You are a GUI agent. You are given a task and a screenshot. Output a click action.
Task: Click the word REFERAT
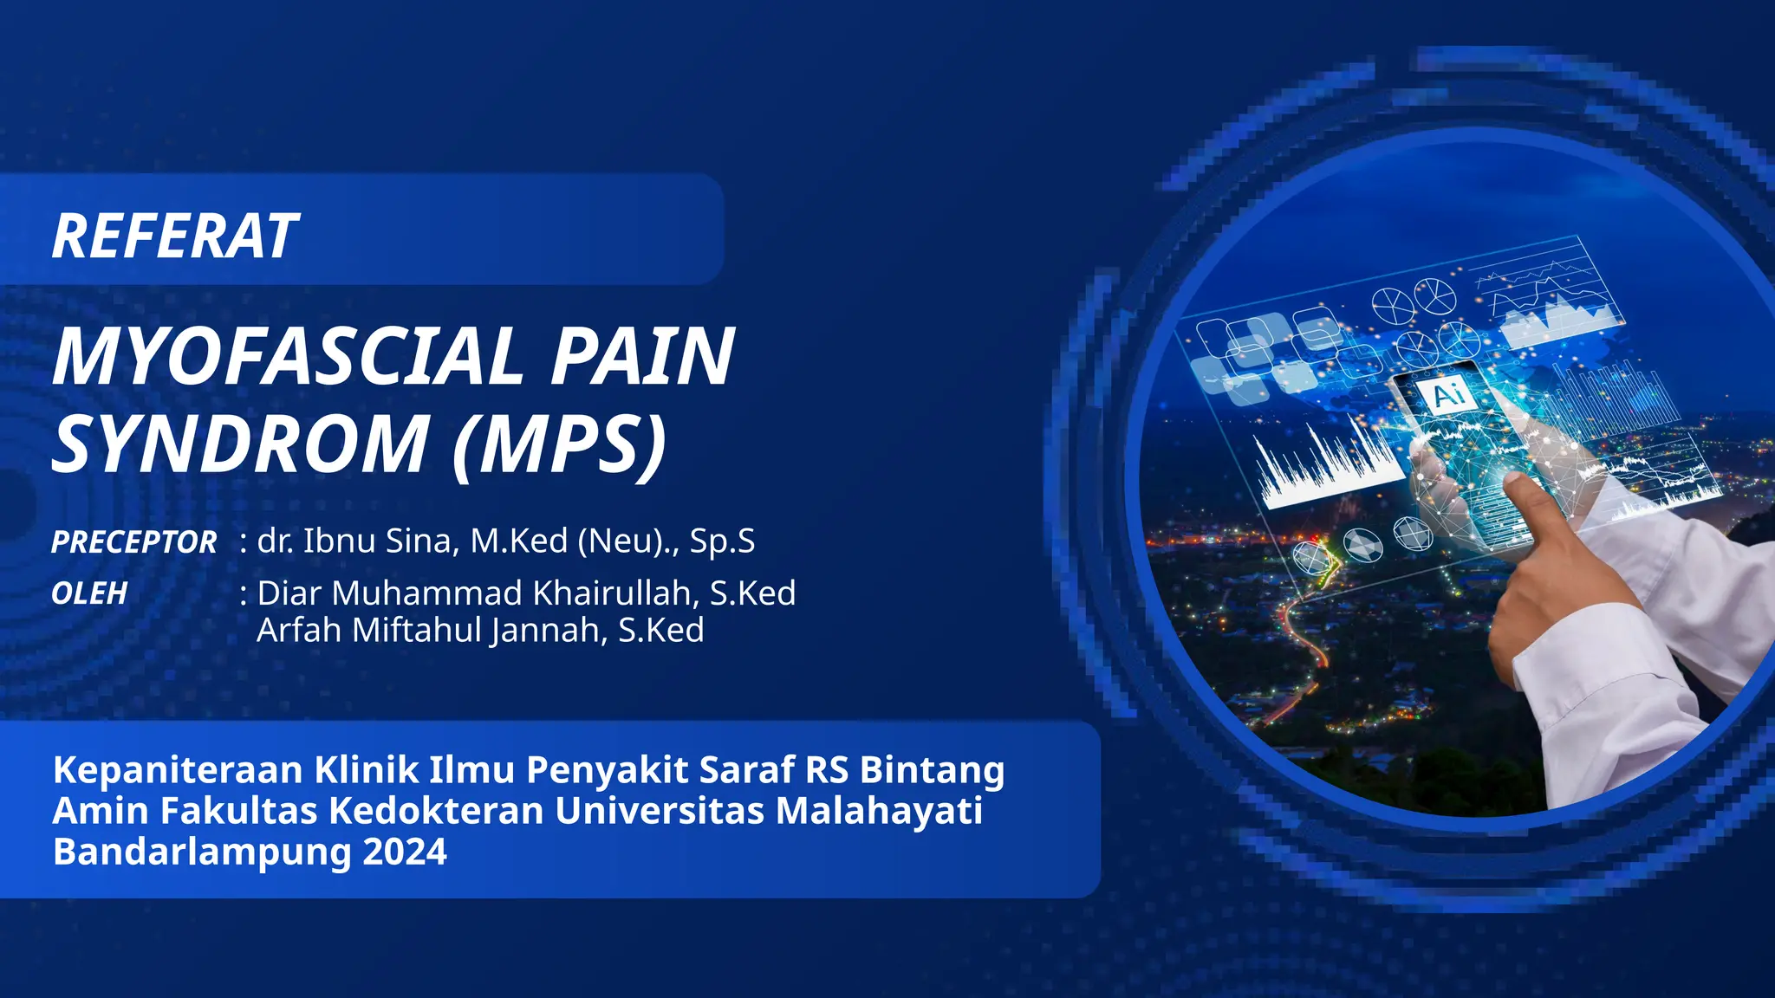[175, 237]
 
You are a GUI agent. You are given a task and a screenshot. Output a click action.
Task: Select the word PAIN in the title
[643, 357]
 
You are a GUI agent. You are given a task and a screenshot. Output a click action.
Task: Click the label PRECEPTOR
[133, 542]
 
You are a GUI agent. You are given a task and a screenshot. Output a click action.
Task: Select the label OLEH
[89, 593]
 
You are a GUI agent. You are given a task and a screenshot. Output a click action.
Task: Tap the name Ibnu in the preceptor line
[339, 541]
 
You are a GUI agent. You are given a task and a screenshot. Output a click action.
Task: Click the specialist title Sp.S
[722, 541]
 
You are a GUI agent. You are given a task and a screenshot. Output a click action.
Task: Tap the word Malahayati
[879, 811]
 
